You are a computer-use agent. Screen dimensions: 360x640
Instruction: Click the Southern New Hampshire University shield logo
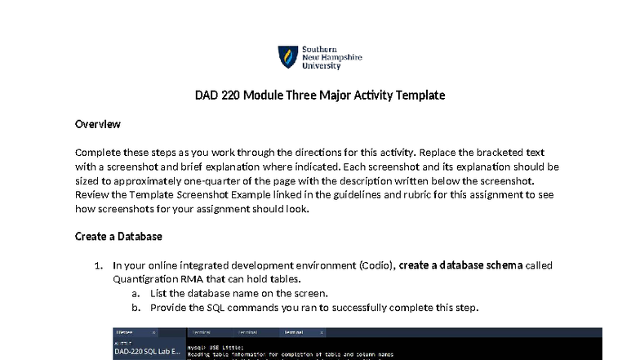[287, 56]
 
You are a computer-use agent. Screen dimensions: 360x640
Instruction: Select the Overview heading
[98, 124]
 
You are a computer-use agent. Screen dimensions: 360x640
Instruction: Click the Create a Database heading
[118, 237]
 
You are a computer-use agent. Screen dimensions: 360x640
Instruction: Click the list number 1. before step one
[99, 264]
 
